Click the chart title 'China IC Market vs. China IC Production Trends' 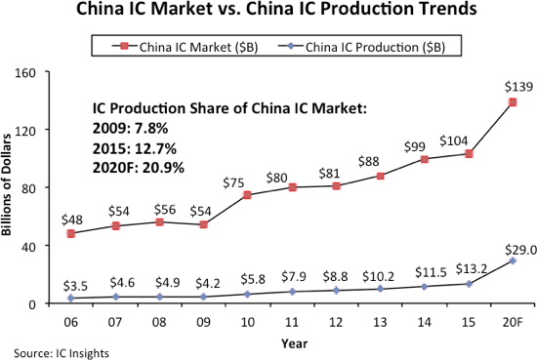tap(268, 14)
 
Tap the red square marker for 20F tap(512, 102)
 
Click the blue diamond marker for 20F tap(512, 260)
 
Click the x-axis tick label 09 tap(202, 320)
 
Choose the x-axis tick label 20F tap(512, 320)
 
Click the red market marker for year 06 tap(70, 234)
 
